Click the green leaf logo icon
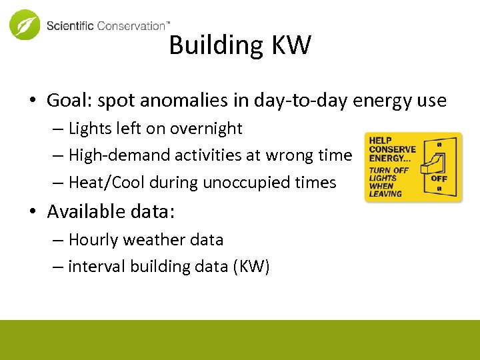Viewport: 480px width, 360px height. [x=25, y=25]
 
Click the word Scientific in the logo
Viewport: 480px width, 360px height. [x=70, y=26]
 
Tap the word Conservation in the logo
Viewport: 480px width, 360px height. [x=131, y=26]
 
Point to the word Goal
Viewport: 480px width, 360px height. [x=66, y=101]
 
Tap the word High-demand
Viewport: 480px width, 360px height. [x=119, y=155]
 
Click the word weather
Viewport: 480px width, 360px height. [x=151, y=239]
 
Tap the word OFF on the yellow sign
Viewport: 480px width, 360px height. [x=439, y=179]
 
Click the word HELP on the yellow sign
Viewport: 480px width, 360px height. [x=380, y=141]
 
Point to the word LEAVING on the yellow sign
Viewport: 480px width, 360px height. [x=386, y=194]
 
